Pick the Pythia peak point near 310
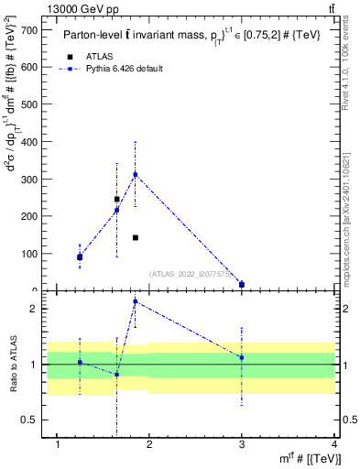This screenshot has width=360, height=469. click(x=135, y=174)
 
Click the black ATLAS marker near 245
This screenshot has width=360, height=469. click(x=116, y=199)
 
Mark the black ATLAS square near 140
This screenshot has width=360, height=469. click(x=135, y=237)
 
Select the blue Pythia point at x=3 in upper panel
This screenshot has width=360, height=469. click(x=242, y=284)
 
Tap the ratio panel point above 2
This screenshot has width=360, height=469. click(x=135, y=300)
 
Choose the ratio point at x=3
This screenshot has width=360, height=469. click(x=242, y=357)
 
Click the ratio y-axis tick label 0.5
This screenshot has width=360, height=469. click(x=30, y=420)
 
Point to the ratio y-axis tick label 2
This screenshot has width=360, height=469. click(x=34, y=309)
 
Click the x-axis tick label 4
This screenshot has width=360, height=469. click(x=334, y=445)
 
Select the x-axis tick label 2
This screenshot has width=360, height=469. click(x=150, y=445)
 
